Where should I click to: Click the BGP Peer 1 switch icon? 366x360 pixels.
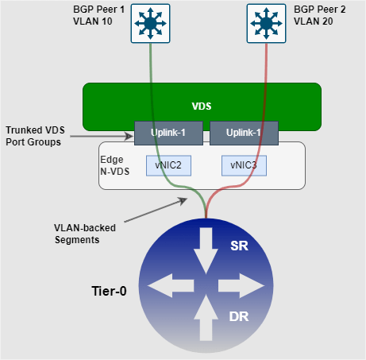pyautogui.click(x=150, y=23)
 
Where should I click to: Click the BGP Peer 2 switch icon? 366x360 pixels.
pyautogui.click(x=266, y=23)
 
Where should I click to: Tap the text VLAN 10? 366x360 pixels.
pyautogui.click(x=93, y=21)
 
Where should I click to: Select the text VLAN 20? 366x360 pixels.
pyautogui.click(x=314, y=21)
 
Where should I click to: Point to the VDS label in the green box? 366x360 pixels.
pyautogui.click(x=202, y=106)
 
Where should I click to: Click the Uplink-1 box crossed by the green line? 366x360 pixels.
pyautogui.click(x=168, y=133)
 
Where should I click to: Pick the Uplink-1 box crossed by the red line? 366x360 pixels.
pyautogui.click(x=244, y=133)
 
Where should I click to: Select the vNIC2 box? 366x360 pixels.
pyautogui.click(x=168, y=165)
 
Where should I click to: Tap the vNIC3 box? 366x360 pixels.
pyautogui.click(x=244, y=165)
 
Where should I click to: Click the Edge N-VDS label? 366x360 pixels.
pyautogui.click(x=115, y=165)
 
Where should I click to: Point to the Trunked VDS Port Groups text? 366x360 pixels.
pyautogui.click(x=35, y=136)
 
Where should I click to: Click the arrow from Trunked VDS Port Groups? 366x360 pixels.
pyautogui.click(x=102, y=136)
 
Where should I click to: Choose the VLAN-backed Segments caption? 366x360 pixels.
pyautogui.click(x=85, y=234)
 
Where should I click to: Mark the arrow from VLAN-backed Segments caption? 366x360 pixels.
pyautogui.click(x=156, y=210)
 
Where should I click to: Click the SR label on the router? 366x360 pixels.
pyautogui.click(x=239, y=246)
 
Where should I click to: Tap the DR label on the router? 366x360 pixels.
pyautogui.click(x=239, y=316)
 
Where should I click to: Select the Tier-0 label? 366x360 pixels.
pyautogui.click(x=109, y=291)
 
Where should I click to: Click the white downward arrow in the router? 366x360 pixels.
pyautogui.click(x=206, y=250)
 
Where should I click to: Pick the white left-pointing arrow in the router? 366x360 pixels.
pyautogui.click(x=171, y=285)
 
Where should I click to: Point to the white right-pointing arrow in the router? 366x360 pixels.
pyautogui.click(x=241, y=285)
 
